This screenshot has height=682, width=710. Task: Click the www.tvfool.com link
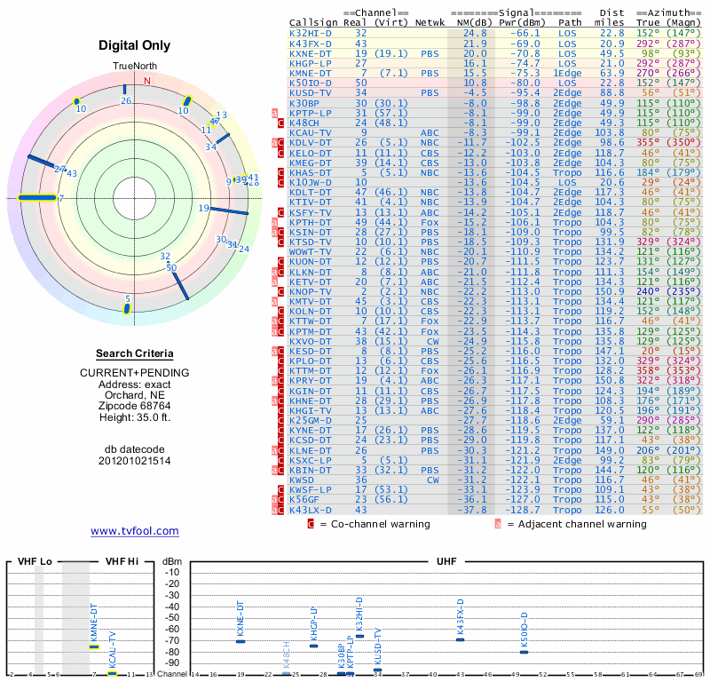coord(135,531)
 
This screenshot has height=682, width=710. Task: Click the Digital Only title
coord(134,44)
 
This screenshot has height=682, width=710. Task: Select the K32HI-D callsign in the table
coord(311,33)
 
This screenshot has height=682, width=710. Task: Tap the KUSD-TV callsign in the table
coord(311,92)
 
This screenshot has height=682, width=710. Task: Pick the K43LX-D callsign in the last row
coord(311,511)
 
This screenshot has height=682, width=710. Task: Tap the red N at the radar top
coord(147,80)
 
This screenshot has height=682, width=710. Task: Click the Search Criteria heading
coord(134,353)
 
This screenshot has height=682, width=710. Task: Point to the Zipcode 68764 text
coord(134,404)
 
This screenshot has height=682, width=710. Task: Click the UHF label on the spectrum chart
coord(446,562)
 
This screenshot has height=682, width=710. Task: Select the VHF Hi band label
coord(122,562)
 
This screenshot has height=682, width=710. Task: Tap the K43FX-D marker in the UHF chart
coord(460,639)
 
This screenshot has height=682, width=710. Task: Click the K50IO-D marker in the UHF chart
coord(524,652)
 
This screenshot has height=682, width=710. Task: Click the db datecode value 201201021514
coord(134,461)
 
